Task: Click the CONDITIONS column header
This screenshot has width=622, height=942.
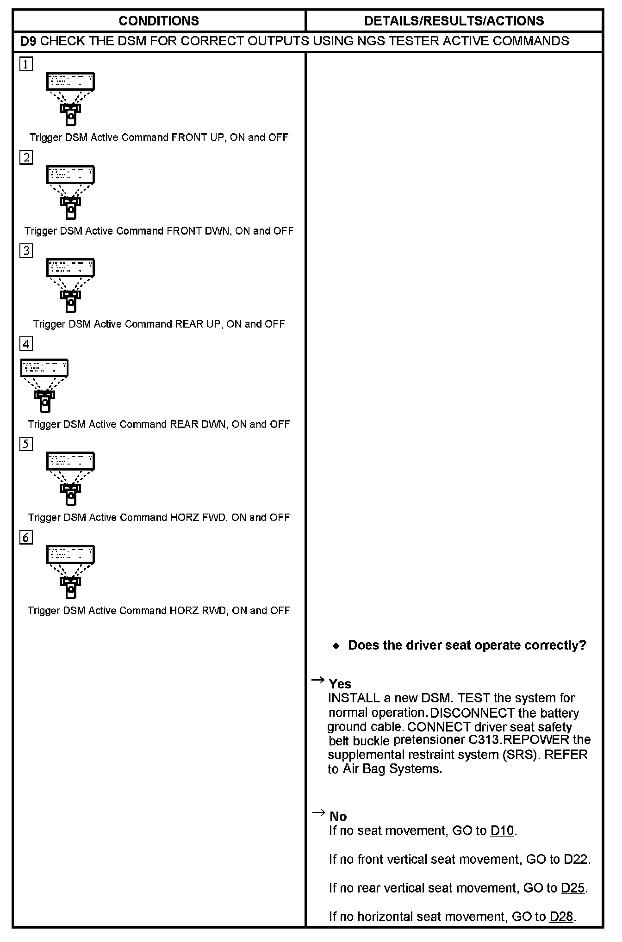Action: (159, 21)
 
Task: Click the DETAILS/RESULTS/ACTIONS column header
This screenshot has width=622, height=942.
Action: (454, 21)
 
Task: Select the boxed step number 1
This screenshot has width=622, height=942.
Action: (26, 64)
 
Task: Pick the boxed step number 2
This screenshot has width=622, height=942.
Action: (26, 157)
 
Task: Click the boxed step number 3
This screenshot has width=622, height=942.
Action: (26, 250)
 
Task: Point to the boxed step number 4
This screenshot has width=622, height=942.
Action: (26, 344)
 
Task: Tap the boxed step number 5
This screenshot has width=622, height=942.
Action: (26, 444)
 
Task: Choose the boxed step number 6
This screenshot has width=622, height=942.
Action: (26, 537)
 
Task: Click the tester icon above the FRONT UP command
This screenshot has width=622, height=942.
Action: (70, 99)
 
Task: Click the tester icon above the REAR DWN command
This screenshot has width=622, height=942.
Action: (44, 385)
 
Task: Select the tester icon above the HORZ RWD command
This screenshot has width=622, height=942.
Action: (70, 572)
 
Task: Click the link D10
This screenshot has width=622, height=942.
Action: (502, 830)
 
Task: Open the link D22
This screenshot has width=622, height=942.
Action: (576, 859)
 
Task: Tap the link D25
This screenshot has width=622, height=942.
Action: (572, 888)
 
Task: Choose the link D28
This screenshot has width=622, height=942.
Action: (561, 917)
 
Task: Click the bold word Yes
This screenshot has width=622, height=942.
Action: (340, 684)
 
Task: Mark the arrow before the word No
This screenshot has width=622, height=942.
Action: (318, 812)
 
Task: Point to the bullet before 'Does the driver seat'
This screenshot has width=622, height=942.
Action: (336, 646)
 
